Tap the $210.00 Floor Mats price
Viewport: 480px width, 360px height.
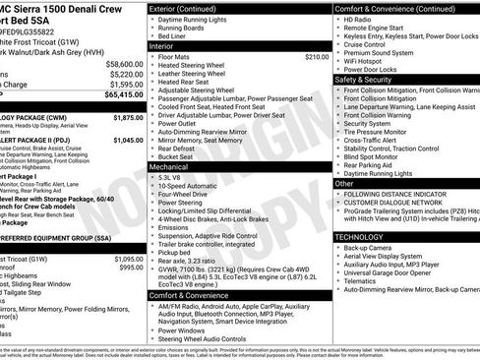[317, 57]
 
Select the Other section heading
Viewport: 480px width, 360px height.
[345, 183]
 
